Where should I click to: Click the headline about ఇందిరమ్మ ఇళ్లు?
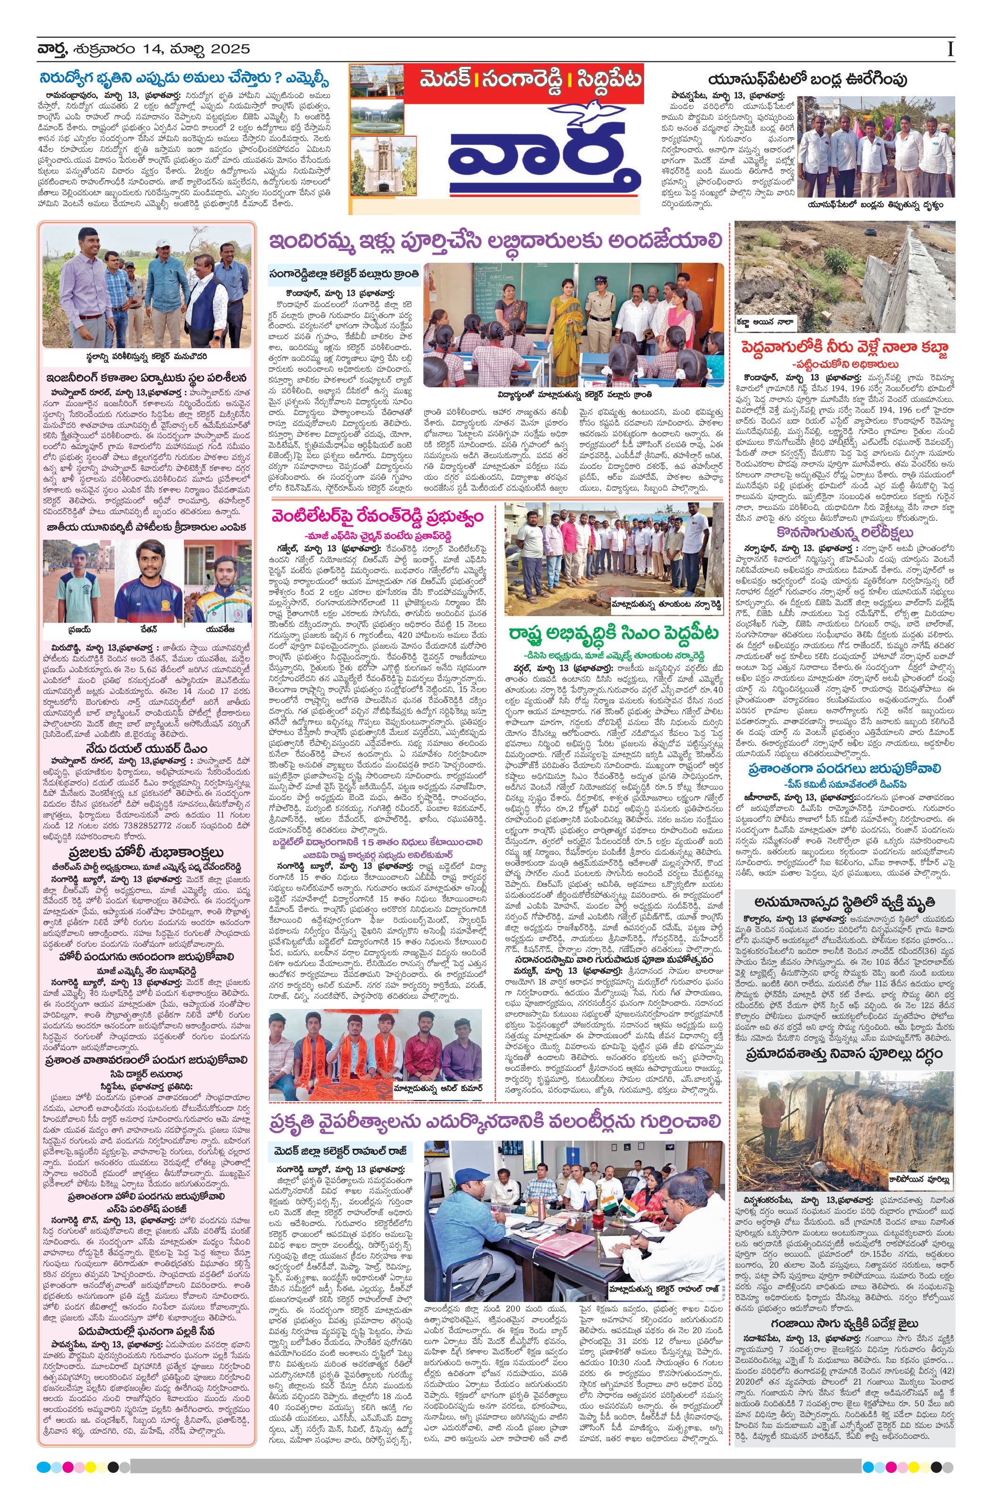click(495, 242)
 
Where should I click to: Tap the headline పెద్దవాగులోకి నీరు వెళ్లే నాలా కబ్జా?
click(844, 347)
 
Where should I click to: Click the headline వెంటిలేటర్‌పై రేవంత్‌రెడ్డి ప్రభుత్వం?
click(377, 514)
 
